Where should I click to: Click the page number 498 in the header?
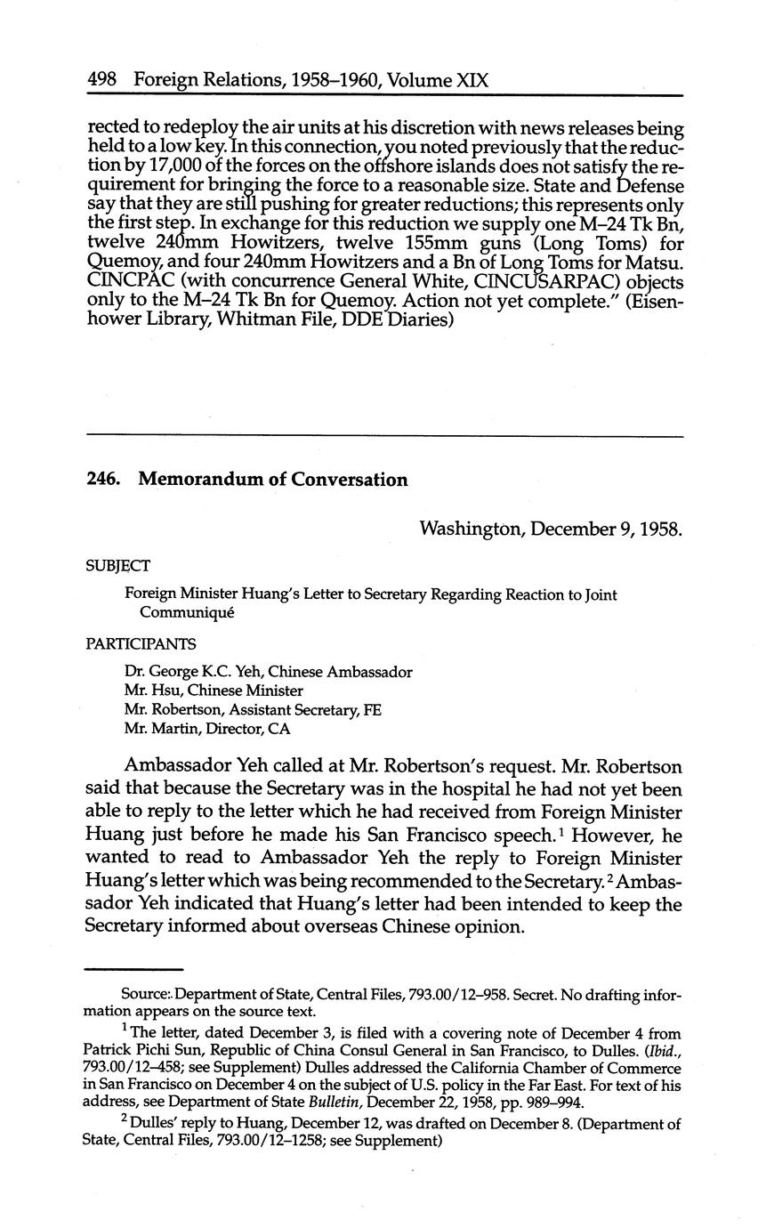click(105, 81)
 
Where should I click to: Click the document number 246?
click(103, 481)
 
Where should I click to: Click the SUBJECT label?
click(117, 566)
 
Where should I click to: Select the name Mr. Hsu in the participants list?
click(149, 691)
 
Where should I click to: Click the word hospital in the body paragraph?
click(488, 789)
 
